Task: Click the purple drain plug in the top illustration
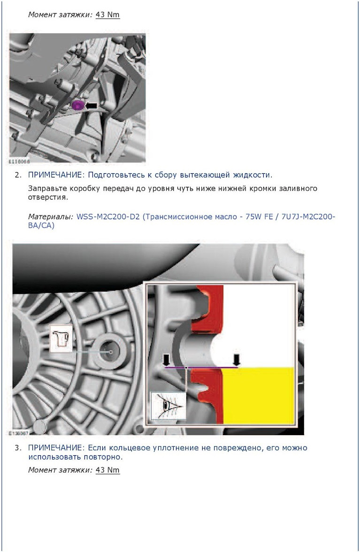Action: pyautogui.click(x=77, y=105)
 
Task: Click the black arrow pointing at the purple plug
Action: pyautogui.click(x=91, y=105)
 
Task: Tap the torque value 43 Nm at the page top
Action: pyautogui.click(x=107, y=15)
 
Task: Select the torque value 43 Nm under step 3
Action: pyautogui.click(x=107, y=470)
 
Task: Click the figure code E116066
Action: pyautogui.click(x=19, y=161)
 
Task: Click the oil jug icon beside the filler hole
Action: pyautogui.click(x=61, y=338)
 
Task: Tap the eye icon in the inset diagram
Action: pyautogui.click(x=168, y=406)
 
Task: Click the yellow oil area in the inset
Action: pyautogui.click(x=258, y=395)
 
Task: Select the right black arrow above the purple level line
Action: pyautogui.click(x=237, y=360)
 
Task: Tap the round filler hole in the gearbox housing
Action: pyautogui.click(x=110, y=351)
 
